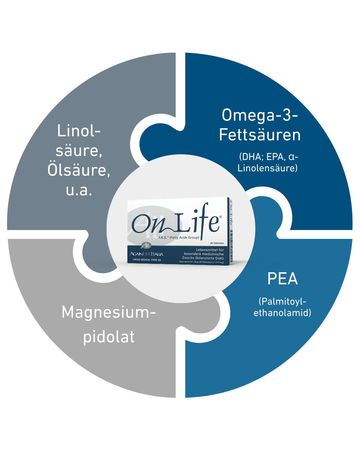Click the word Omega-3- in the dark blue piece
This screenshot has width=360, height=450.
coord(260,115)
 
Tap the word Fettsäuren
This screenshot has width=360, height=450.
coord(260,135)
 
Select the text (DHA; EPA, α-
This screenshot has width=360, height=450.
coord(268,157)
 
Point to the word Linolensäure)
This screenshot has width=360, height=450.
coord(267,168)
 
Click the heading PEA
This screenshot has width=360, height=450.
coord(282,279)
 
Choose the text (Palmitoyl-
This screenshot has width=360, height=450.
coord(282,301)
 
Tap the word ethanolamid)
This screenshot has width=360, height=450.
coord(282,313)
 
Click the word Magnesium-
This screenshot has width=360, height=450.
coord(109,313)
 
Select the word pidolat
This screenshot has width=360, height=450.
coord(109,337)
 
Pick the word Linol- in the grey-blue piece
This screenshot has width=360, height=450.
coord(79,131)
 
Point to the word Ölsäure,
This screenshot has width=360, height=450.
coord(79,170)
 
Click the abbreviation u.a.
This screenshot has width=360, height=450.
coord(79,190)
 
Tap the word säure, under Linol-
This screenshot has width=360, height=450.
coord(79,151)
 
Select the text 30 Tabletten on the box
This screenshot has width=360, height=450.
coord(217,243)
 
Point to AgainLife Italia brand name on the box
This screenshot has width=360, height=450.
coord(147,254)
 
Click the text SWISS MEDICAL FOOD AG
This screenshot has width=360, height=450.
coord(147,260)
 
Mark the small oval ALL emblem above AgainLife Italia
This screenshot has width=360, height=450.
coord(146,246)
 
